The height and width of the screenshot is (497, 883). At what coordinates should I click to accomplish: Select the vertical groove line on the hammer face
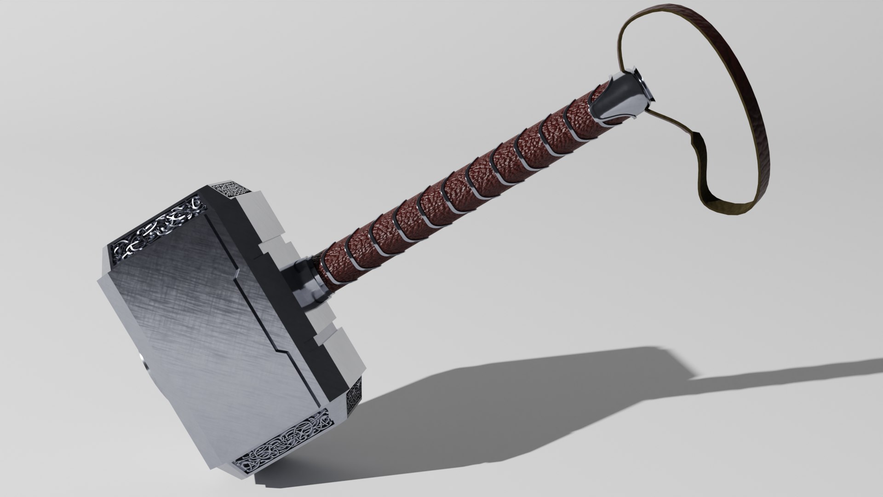coord(271,331)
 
